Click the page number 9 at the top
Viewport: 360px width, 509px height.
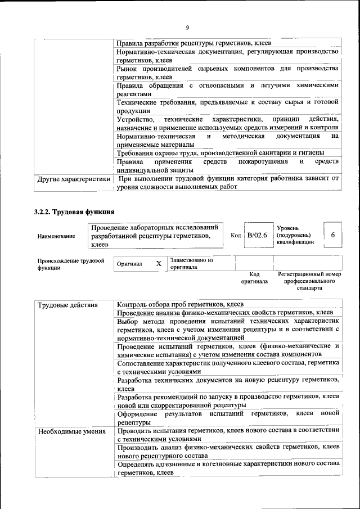tap(187, 27)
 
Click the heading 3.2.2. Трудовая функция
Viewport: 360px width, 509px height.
tap(74, 212)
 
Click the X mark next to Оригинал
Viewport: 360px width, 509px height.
tap(159, 263)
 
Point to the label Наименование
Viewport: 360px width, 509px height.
tap(56, 236)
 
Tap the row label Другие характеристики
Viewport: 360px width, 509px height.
tap(73, 179)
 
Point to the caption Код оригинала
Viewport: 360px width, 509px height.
tap(254, 277)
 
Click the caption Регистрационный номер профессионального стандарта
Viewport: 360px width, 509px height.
tap(309, 281)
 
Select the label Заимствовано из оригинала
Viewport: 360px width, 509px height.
tap(191, 264)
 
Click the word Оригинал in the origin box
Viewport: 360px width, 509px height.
tap(129, 264)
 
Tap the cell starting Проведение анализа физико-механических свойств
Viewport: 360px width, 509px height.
tap(224, 312)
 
